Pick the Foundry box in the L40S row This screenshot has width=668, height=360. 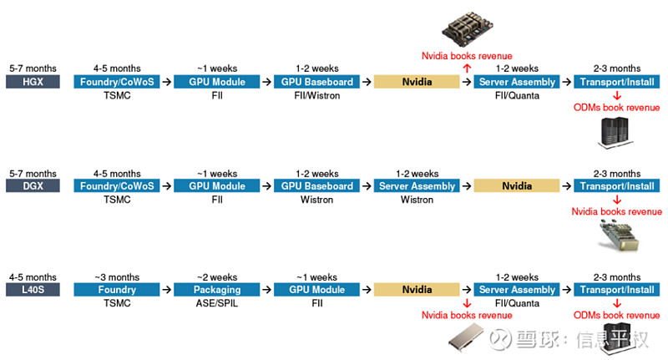pos(116,290)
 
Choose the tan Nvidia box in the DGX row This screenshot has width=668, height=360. pos(517,186)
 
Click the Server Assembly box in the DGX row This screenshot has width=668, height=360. pos(417,186)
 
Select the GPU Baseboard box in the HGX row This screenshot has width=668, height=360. pos(316,82)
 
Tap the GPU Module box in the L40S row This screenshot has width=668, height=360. pos(316,290)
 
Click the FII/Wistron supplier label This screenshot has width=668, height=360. pos(316,95)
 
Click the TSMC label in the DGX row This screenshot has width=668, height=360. pos(116,200)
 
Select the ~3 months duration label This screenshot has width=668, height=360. pos(116,277)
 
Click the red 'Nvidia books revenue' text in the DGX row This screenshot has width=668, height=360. pos(616,212)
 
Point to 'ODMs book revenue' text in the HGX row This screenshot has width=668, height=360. pos(616,108)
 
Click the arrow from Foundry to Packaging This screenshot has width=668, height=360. pos(166,290)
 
